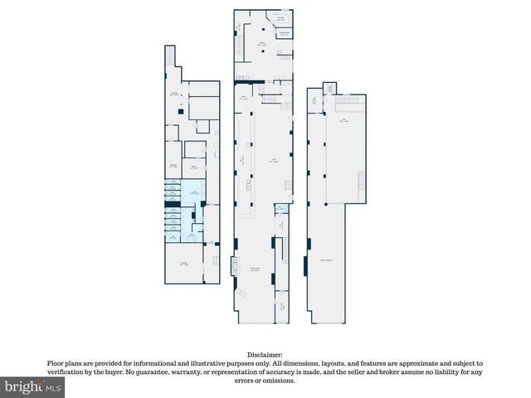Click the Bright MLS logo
(x=32, y=387)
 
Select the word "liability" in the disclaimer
(x=457, y=372)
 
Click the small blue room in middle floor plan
(x=280, y=208)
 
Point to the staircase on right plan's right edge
(x=361, y=183)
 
